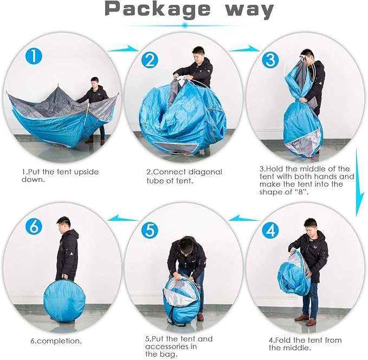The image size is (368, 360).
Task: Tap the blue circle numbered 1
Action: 34,56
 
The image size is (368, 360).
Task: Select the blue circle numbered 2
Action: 150,60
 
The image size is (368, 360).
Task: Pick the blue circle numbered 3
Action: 270,60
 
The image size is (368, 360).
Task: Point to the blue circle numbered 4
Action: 270,230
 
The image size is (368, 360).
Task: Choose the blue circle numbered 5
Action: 150,230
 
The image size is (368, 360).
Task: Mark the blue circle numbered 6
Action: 34,226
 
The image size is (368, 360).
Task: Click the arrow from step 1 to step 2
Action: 123,49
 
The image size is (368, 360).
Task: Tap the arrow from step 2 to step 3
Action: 244,49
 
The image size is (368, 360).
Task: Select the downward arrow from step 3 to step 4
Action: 359,182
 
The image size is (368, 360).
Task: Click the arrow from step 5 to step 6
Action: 123,219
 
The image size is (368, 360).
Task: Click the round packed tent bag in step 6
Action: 64,300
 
